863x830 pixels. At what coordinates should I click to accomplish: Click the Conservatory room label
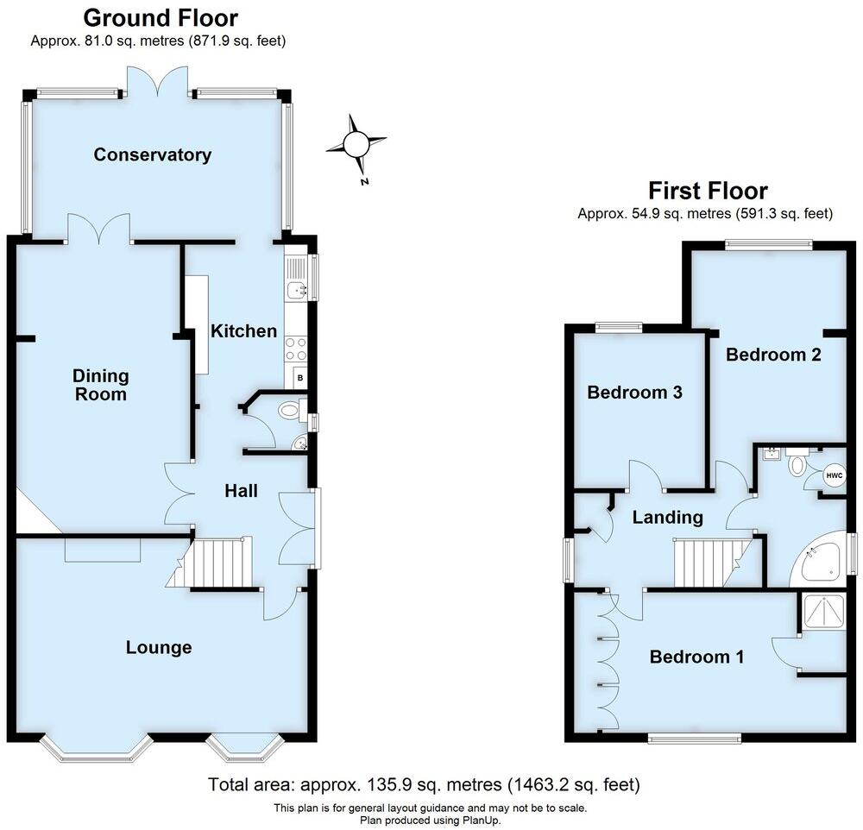tap(152, 155)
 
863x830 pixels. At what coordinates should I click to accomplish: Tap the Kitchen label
tap(244, 331)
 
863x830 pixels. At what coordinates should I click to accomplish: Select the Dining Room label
tap(101, 386)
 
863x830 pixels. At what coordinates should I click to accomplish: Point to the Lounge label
tap(158, 647)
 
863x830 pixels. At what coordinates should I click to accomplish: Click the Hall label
tap(241, 491)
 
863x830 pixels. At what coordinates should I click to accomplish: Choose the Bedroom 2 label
tap(772, 354)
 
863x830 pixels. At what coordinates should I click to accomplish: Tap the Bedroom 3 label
tap(634, 393)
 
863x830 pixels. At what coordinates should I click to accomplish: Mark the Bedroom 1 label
tap(696, 657)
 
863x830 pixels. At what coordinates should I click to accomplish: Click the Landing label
tap(667, 518)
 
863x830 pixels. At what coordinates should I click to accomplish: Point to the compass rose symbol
tap(356, 144)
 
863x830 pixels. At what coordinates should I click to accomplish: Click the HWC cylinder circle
tap(833, 475)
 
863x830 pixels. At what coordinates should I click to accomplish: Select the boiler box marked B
tap(299, 377)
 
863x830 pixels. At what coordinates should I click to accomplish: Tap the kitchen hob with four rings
tap(296, 348)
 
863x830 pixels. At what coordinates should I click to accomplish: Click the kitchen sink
tap(295, 290)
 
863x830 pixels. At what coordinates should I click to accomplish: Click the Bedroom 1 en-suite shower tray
tap(823, 613)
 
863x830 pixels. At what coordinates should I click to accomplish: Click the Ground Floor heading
tap(161, 17)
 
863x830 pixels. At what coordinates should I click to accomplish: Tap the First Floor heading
tap(708, 190)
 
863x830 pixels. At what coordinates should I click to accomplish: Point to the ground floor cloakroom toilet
tap(287, 412)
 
